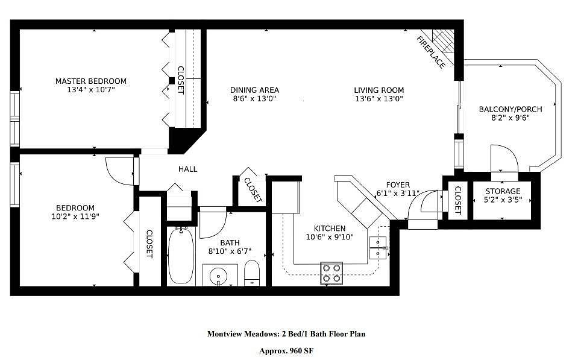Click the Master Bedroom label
point(91,81)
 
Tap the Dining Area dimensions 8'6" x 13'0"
point(255,98)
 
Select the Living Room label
point(379,90)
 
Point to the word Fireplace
point(431,52)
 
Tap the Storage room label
point(503,191)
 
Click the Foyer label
point(397,185)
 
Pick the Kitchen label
point(330,229)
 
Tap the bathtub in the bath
point(181,256)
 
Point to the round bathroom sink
point(218,277)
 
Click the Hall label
point(187,169)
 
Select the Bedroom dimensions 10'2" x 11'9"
point(75,216)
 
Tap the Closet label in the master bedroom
point(180,80)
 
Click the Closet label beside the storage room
point(457,200)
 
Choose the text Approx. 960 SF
point(286,350)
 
